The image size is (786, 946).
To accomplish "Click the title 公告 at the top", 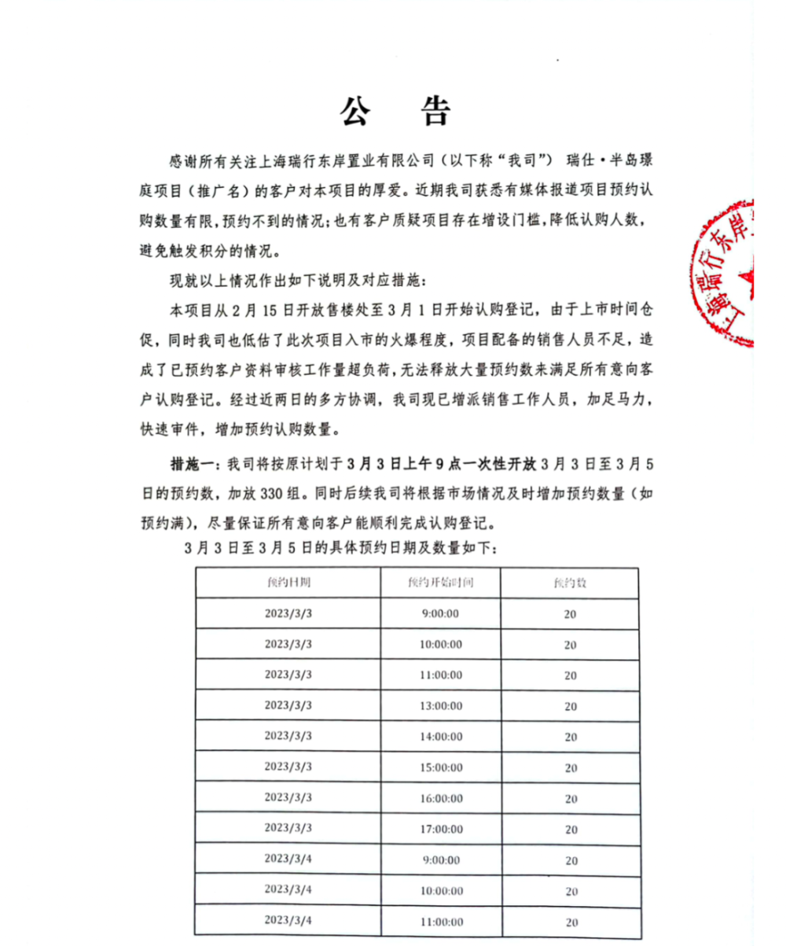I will (395, 112).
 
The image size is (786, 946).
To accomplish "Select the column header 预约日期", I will (287, 583).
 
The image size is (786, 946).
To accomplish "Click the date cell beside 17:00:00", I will (287, 828).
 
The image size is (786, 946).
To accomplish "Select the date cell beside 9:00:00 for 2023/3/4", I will (287, 859).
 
